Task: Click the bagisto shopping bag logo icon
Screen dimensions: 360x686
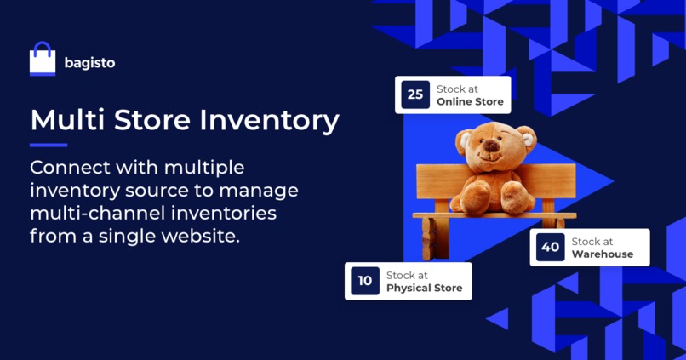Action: pos(43,60)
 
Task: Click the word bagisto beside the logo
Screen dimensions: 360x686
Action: pos(89,63)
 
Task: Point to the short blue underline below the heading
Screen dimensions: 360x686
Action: pos(48,145)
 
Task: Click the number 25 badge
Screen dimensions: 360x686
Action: pos(415,94)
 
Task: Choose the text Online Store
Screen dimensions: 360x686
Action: pos(470,101)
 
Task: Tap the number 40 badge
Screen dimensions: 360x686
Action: pos(551,247)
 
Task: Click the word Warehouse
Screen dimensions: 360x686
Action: pos(603,254)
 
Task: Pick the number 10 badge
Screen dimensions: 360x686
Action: pos(365,281)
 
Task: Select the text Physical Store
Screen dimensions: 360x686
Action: pos(425,288)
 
